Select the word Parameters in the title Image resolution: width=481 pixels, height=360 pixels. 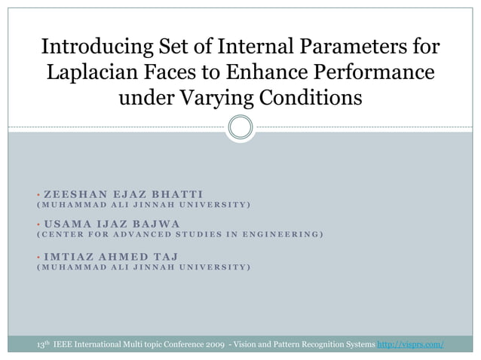tap(342, 49)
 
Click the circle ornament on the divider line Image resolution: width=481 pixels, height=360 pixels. tap(240, 127)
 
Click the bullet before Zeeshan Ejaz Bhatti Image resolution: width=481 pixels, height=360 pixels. tap(38, 194)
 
